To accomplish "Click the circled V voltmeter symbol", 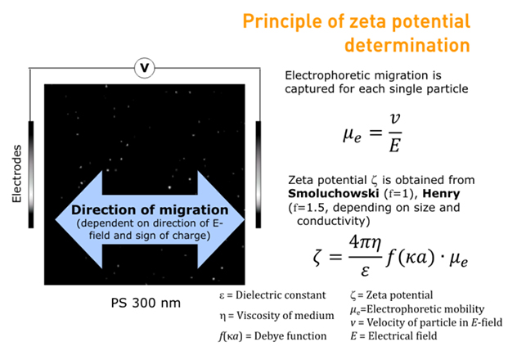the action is [x=144, y=68].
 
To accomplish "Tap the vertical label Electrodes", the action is [x=16, y=173].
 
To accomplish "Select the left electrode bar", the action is [x=31, y=174].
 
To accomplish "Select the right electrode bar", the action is [x=259, y=174].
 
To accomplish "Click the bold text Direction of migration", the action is [x=150, y=209].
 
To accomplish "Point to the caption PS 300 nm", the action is [x=146, y=303].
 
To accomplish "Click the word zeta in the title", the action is [x=367, y=21].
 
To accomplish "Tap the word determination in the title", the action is [x=407, y=45].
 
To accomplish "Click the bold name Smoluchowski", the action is [x=334, y=194].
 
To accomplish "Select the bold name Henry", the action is [x=441, y=194].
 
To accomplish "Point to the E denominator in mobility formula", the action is [x=395, y=146].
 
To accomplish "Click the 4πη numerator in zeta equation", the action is [x=366, y=243].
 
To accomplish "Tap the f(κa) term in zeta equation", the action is [x=411, y=258].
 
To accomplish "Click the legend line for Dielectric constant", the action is [x=272, y=295].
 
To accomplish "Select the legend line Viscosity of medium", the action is [x=276, y=315].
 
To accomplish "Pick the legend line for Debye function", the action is [x=272, y=335].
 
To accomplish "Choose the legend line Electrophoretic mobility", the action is [x=417, y=309].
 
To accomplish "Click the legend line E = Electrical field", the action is [x=393, y=335].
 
